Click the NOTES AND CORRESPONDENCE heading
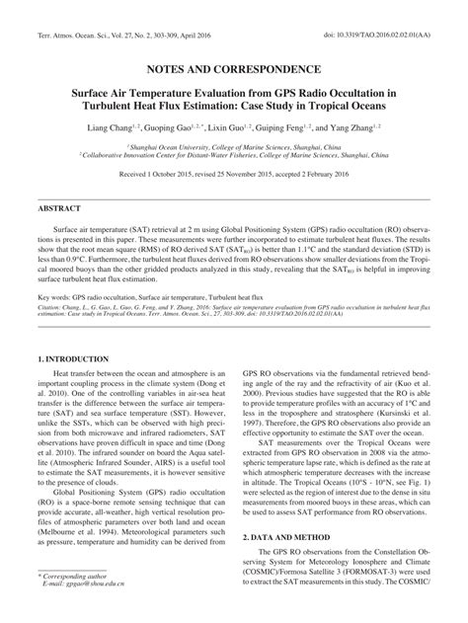click(x=233, y=70)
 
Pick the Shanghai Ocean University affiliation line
click(x=233, y=144)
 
